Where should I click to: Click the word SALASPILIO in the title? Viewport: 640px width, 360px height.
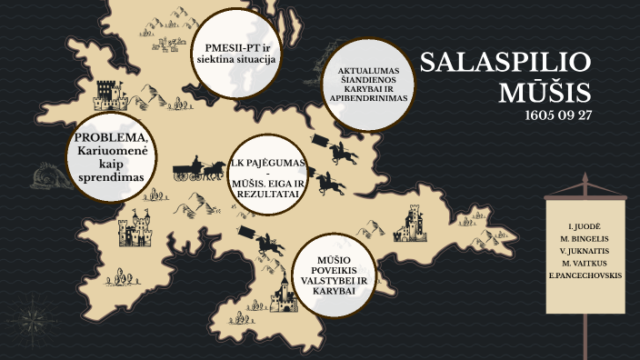click(505, 64)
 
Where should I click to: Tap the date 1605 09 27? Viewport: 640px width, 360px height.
click(557, 116)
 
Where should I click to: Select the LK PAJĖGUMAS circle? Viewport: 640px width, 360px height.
click(268, 174)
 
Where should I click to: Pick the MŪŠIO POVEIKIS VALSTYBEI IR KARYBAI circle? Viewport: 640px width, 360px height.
click(336, 274)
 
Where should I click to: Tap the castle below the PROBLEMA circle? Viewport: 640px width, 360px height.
click(135, 229)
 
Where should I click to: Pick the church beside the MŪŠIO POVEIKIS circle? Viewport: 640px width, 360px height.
click(283, 292)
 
